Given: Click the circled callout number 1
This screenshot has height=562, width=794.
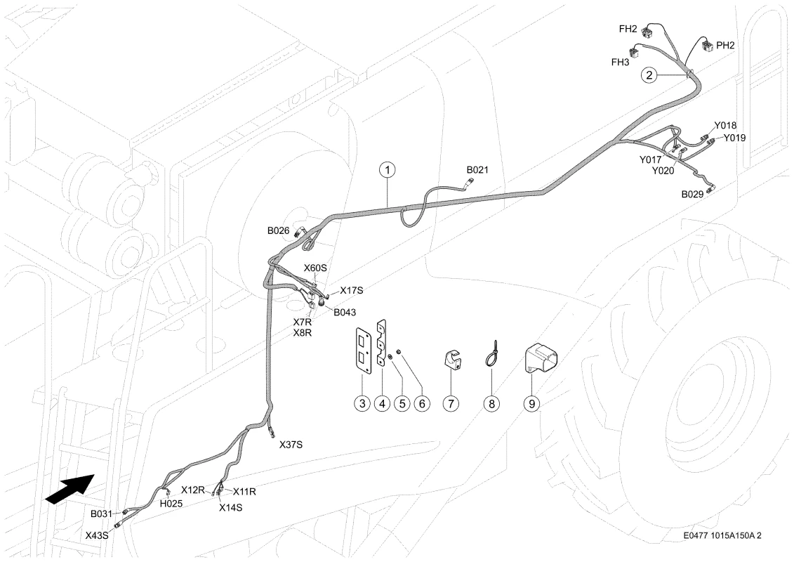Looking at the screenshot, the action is tap(388, 170).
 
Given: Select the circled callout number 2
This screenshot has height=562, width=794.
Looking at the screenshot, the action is tap(649, 75).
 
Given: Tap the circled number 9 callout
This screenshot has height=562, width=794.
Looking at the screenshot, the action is tap(531, 403).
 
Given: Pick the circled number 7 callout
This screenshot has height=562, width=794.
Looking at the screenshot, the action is tap(450, 403).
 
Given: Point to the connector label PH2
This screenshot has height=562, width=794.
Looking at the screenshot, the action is tap(725, 45).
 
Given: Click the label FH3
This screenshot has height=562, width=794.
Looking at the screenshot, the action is tap(620, 63).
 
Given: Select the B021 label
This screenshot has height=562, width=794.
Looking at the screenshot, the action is tap(477, 170).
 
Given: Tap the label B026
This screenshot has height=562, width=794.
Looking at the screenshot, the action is tap(278, 231).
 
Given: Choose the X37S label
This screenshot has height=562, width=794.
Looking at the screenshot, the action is tap(291, 445).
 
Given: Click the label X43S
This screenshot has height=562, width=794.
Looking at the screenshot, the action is tap(97, 535).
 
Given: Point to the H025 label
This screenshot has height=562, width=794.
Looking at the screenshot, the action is tap(171, 504).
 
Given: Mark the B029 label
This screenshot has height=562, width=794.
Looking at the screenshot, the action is tap(692, 194).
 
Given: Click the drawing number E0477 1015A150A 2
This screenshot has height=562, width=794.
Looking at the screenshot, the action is tap(722, 535).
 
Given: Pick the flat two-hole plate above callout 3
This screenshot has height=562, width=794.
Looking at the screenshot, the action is tap(363, 350).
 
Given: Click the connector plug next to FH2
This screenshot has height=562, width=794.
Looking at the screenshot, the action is tap(647, 34).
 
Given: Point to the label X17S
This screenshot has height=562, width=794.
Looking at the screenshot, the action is tap(352, 290).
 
